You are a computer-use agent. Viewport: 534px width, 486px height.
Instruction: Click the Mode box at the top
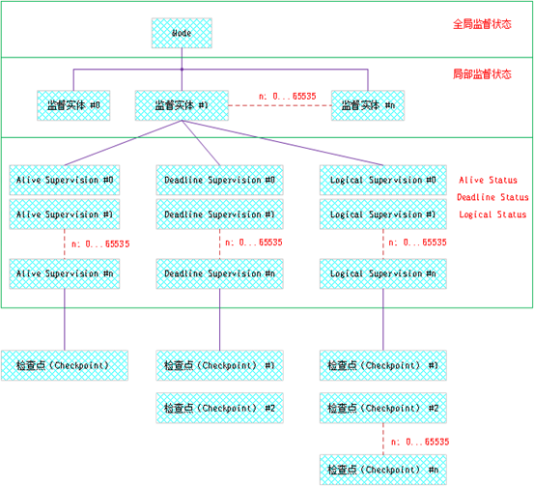182,33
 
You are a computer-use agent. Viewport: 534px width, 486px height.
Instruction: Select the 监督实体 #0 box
73,104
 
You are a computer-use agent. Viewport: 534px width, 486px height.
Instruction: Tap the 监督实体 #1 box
181,104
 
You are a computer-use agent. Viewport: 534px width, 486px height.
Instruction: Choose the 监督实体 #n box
367,104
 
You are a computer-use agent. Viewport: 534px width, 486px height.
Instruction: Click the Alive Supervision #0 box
65,180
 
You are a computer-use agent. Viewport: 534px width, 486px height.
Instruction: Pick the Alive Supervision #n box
65,273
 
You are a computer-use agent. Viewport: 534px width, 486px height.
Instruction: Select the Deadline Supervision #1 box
219,214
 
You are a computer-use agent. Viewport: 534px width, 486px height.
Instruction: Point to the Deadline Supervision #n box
219,273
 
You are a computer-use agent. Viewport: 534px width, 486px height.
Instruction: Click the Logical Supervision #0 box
382,180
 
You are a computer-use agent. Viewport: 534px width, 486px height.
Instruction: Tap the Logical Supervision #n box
382,273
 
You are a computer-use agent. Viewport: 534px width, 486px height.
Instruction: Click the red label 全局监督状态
482,24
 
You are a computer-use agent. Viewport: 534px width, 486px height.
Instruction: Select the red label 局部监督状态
482,73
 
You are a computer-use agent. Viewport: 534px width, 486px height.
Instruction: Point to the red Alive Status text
488,180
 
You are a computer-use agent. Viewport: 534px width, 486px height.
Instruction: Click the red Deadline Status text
492,197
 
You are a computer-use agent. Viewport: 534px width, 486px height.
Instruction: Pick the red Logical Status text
492,214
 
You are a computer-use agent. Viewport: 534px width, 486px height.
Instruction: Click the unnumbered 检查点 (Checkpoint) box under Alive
65,366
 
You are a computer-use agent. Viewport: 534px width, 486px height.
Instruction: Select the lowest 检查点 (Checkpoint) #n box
382,470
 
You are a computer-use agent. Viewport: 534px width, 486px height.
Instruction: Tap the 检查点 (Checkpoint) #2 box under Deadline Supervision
219,408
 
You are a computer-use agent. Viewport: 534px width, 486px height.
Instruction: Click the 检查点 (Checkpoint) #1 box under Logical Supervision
382,366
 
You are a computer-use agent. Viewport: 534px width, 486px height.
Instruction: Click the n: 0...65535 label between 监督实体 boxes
287,97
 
